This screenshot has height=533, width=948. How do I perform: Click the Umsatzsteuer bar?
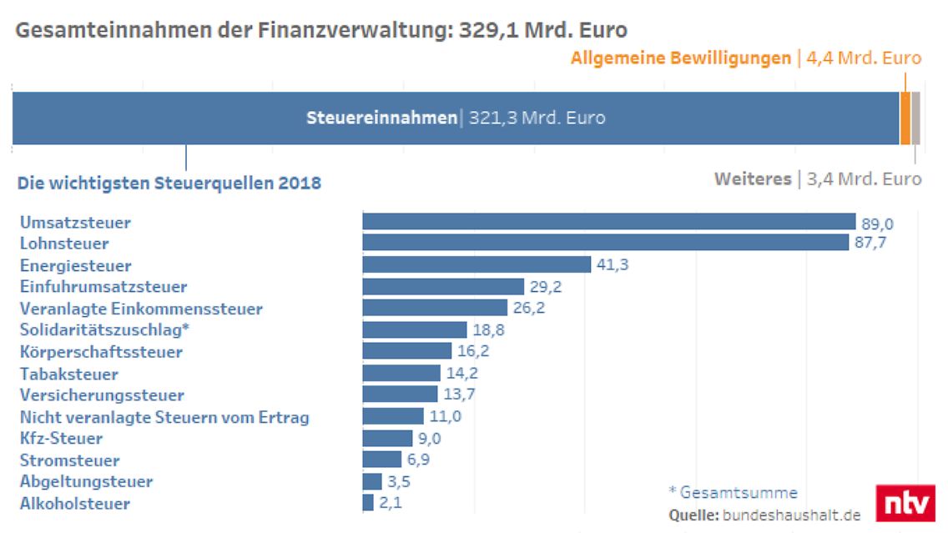[x=608, y=222]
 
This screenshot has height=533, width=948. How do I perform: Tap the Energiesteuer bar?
[x=477, y=265]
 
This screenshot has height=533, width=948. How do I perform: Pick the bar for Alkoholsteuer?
[x=368, y=503]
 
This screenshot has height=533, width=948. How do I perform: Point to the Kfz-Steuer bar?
[x=387, y=438]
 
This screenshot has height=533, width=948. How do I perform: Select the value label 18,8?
[x=488, y=330]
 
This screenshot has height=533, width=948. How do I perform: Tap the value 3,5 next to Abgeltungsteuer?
[x=399, y=482]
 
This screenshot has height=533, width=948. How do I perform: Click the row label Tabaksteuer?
[x=68, y=374]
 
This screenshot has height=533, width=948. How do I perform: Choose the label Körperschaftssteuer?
[x=100, y=352]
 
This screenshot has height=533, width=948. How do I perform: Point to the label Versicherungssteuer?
[x=102, y=395]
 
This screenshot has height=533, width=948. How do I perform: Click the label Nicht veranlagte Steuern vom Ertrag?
[x=164, y=417]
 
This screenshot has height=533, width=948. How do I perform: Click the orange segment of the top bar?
[x=905, y=118]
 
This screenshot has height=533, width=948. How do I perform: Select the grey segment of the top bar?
[x=915, y=118]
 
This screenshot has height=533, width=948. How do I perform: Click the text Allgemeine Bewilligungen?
[x=680, y=58]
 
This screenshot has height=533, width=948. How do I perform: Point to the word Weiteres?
[x=753, y=179]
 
